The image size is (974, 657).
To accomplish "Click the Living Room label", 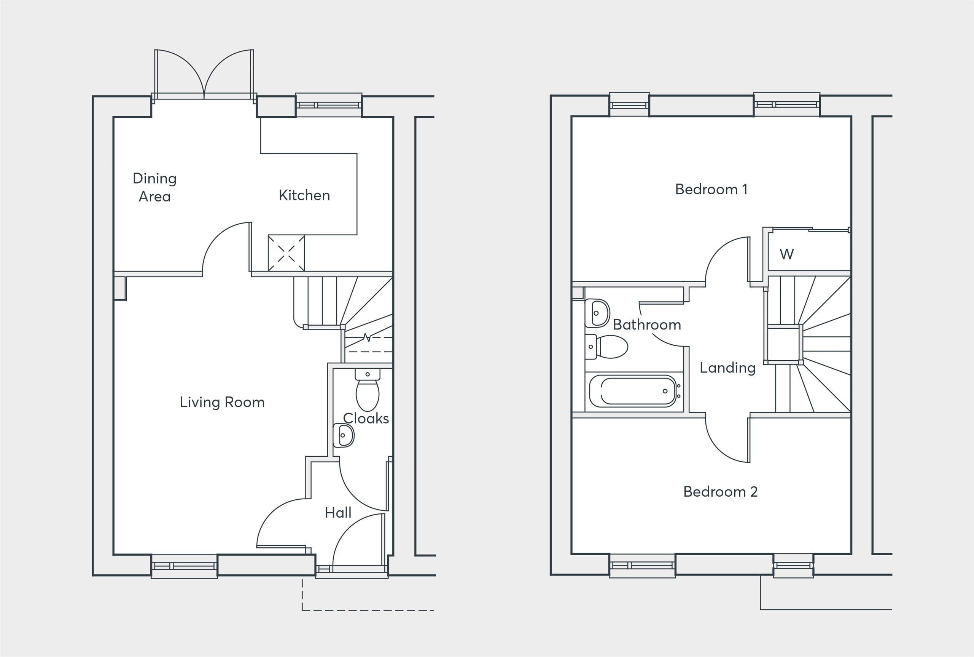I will coord(222,402).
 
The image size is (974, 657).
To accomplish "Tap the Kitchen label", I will coord(304,195).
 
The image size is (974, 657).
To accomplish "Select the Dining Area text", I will coord(154,187).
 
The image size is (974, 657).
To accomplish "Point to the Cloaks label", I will coord(366,418).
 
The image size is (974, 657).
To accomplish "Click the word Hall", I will coord(338,512).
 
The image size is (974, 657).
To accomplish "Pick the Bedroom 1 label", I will coord(711,189).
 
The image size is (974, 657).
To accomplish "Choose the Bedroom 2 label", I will coord(720,491).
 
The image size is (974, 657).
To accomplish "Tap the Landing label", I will coord(727,368).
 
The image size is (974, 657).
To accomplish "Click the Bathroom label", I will coord(647,325).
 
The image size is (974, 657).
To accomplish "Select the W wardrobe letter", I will coord(786,254).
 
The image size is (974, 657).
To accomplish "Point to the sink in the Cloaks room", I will coord(344,435).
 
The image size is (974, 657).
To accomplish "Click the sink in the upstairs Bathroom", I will coord(597,313).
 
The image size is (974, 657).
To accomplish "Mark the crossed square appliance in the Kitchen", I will coord(286,253).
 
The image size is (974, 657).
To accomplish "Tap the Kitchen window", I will coord(329,105).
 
